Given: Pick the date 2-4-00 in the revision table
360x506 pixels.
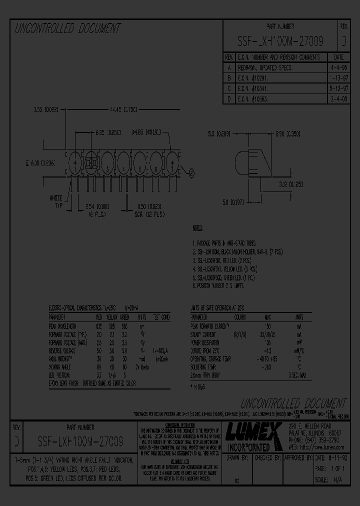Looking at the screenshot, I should [338, 99].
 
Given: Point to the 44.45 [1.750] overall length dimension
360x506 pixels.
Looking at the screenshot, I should [122, 109].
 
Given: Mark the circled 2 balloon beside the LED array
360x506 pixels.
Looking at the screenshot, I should [191, 173].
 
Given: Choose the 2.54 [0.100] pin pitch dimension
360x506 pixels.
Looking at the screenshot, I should [93, 205].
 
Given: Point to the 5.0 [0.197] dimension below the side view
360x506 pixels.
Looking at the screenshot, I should [232, 201].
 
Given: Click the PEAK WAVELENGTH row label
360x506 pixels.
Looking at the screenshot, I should [62, 325].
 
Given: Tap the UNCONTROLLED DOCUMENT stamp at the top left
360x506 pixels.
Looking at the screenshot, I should [68, 29].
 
